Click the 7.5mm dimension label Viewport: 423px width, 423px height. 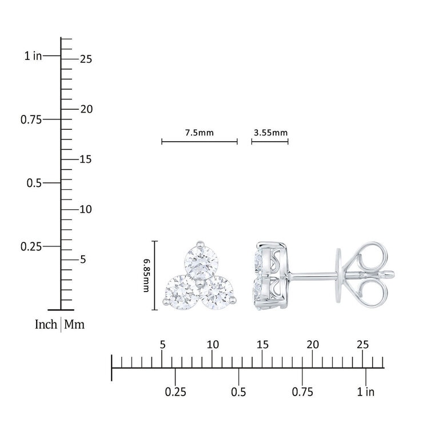(x=199, y=133)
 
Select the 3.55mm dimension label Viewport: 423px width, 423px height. (x=270, y=133)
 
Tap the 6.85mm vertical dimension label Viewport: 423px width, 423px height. (x=146, y=276)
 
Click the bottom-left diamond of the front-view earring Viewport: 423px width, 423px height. (x=181, y=292)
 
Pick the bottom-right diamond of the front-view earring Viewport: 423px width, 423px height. (x=217, y=293)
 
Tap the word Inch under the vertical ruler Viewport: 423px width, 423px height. (x=46, y=324)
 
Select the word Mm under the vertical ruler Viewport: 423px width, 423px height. (x=74, y=324)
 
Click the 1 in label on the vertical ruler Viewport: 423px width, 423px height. (x=33, y=56)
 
